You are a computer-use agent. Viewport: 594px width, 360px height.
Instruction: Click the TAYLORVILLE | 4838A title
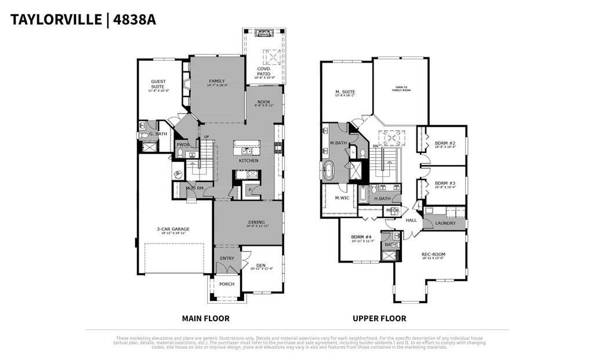point(83,20)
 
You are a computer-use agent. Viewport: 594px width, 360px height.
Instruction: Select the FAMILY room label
point(217,82)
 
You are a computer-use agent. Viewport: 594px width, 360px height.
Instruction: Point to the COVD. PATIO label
point(264,72)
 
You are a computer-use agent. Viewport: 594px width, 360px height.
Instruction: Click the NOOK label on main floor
point(264,103)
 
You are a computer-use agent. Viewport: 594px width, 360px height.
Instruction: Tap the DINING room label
point(256,223)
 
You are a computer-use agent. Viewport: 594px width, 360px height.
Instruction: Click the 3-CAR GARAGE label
point(173,230)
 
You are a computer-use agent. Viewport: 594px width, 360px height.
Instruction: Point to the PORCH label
point(227,284)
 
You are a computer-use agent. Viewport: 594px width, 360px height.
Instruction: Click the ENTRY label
point(227,259)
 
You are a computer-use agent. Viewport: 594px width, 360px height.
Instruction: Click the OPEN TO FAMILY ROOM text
point(401,89)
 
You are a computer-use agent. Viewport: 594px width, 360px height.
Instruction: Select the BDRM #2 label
point(445,144)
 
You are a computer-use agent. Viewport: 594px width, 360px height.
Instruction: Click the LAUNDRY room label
point(445,223)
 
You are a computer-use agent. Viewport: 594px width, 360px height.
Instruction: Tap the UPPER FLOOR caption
point(379,318)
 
